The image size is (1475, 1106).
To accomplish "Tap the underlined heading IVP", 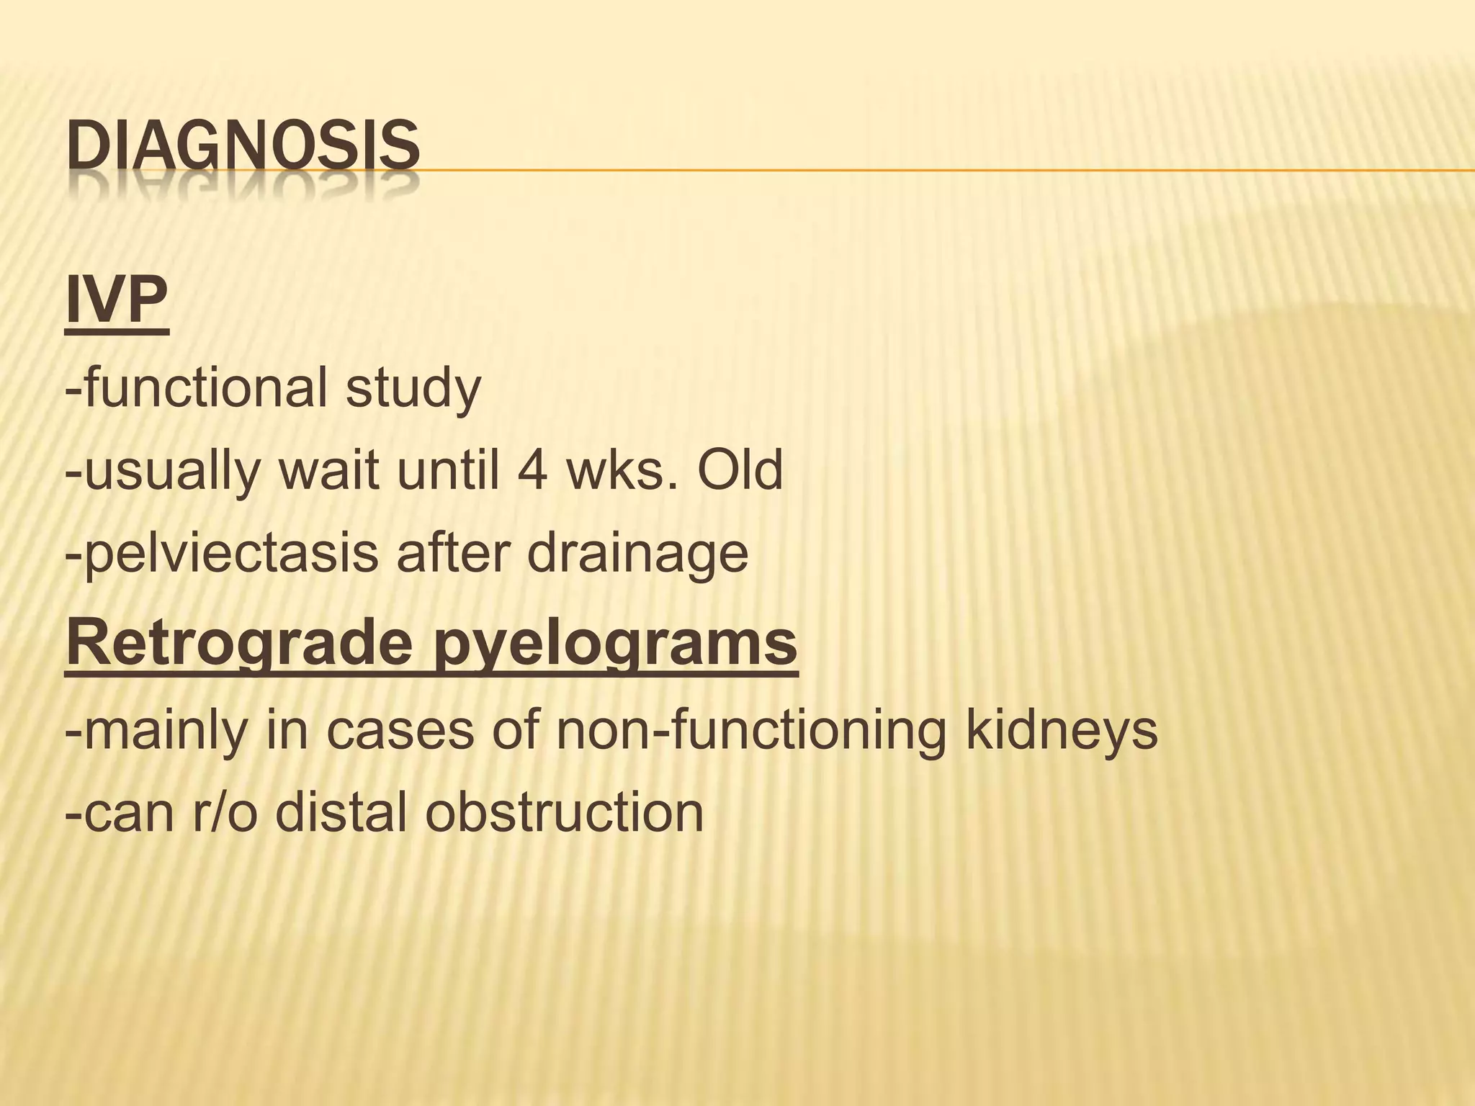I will [117, 302].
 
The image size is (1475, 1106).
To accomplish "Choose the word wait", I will [328, 472].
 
